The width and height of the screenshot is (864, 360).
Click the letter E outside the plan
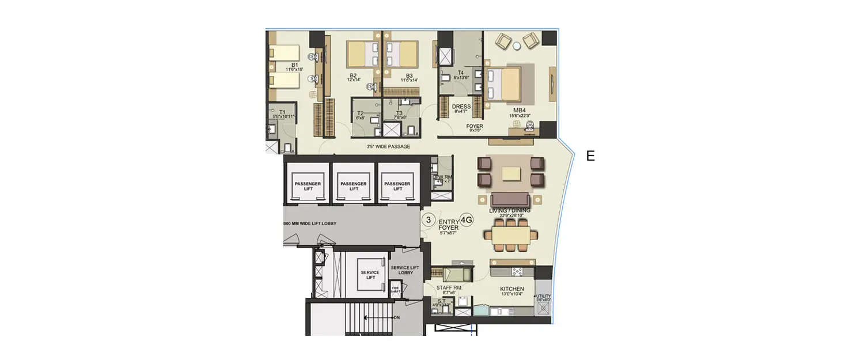click(590, 156)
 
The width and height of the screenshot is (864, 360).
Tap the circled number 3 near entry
click(428, 219)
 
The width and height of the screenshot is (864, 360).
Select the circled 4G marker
click(467, 219)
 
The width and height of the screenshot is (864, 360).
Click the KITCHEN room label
click(511, 289)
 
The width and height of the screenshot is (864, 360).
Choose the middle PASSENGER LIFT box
click(353, 186)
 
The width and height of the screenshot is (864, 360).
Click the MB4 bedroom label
click(520, 110)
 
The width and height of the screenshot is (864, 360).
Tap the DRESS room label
click(461, 107)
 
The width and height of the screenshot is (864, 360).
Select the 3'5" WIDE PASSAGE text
click(388, 147)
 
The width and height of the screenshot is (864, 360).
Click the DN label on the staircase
click(397, 317)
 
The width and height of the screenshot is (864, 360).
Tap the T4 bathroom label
click(460, 73)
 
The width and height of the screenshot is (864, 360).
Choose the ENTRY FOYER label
click(449, 225)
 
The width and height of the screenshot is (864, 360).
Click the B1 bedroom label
click(294, 65)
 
